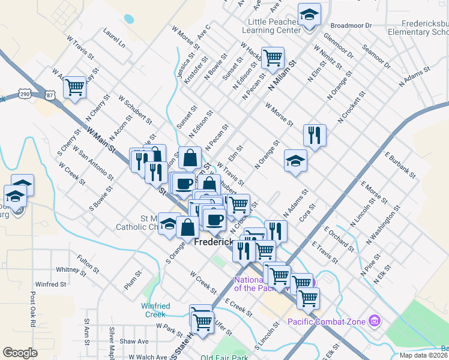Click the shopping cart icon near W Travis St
click(x=74, y=87)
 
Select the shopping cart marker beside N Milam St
click(x=273, y=58)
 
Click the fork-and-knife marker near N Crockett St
click(x=314, y=135)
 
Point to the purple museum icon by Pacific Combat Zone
click(x=375, y=321)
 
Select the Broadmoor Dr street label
click(x=351, y=26)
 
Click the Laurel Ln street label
click(x=113, y=37)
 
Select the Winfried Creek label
click(x=155, y=310)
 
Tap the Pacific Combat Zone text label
click(x=326, y=322)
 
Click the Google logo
click(x=20, y=353)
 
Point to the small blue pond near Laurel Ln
click(x=129, y=19)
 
